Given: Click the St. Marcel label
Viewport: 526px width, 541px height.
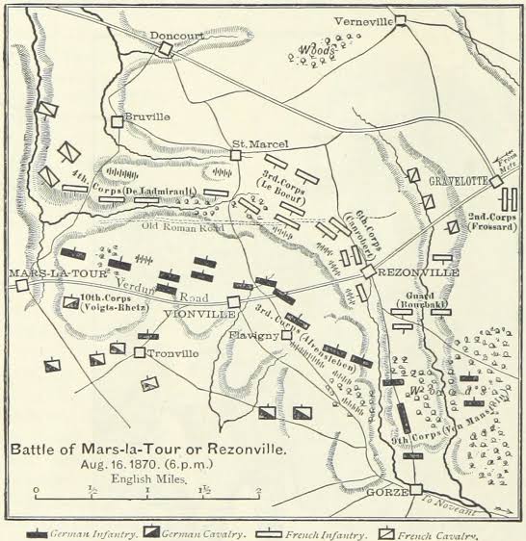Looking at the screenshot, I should pyautogui.click(x=253, y=144).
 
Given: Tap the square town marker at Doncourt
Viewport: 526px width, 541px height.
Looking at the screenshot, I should pyautogui.click(x=165, y=48).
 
